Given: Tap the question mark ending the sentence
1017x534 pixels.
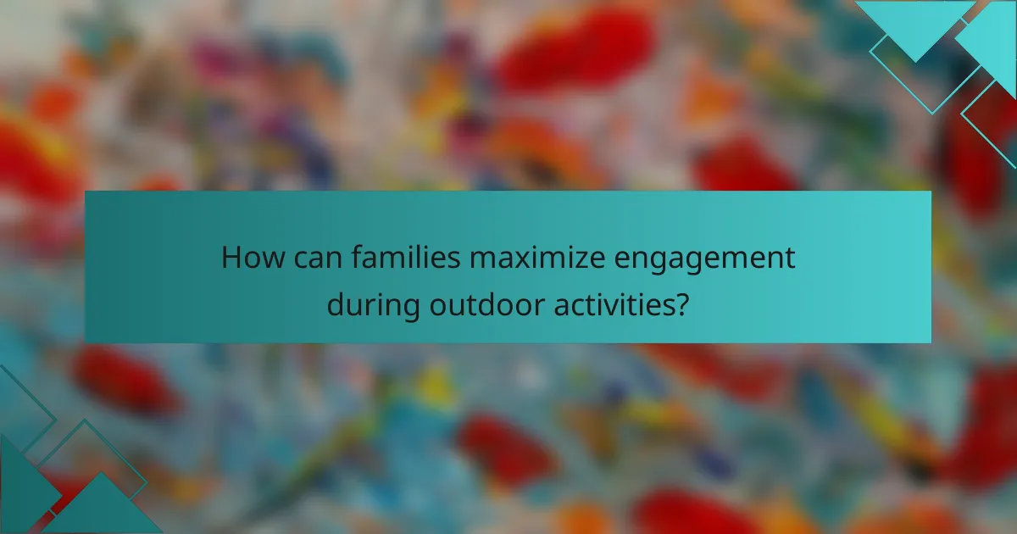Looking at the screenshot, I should [x=681, y=303].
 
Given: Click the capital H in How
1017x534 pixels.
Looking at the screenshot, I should [x=231, y=258].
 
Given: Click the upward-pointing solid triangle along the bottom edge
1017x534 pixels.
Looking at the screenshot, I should [x=102, y=509].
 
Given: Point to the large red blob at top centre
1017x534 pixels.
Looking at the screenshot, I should [x=576, y=47].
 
